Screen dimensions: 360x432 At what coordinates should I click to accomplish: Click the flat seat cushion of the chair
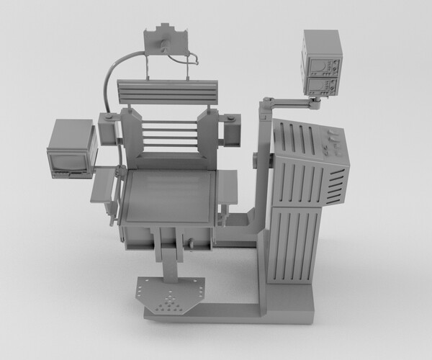pos(170,194)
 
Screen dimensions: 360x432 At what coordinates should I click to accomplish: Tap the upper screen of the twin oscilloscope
pos(319,68)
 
